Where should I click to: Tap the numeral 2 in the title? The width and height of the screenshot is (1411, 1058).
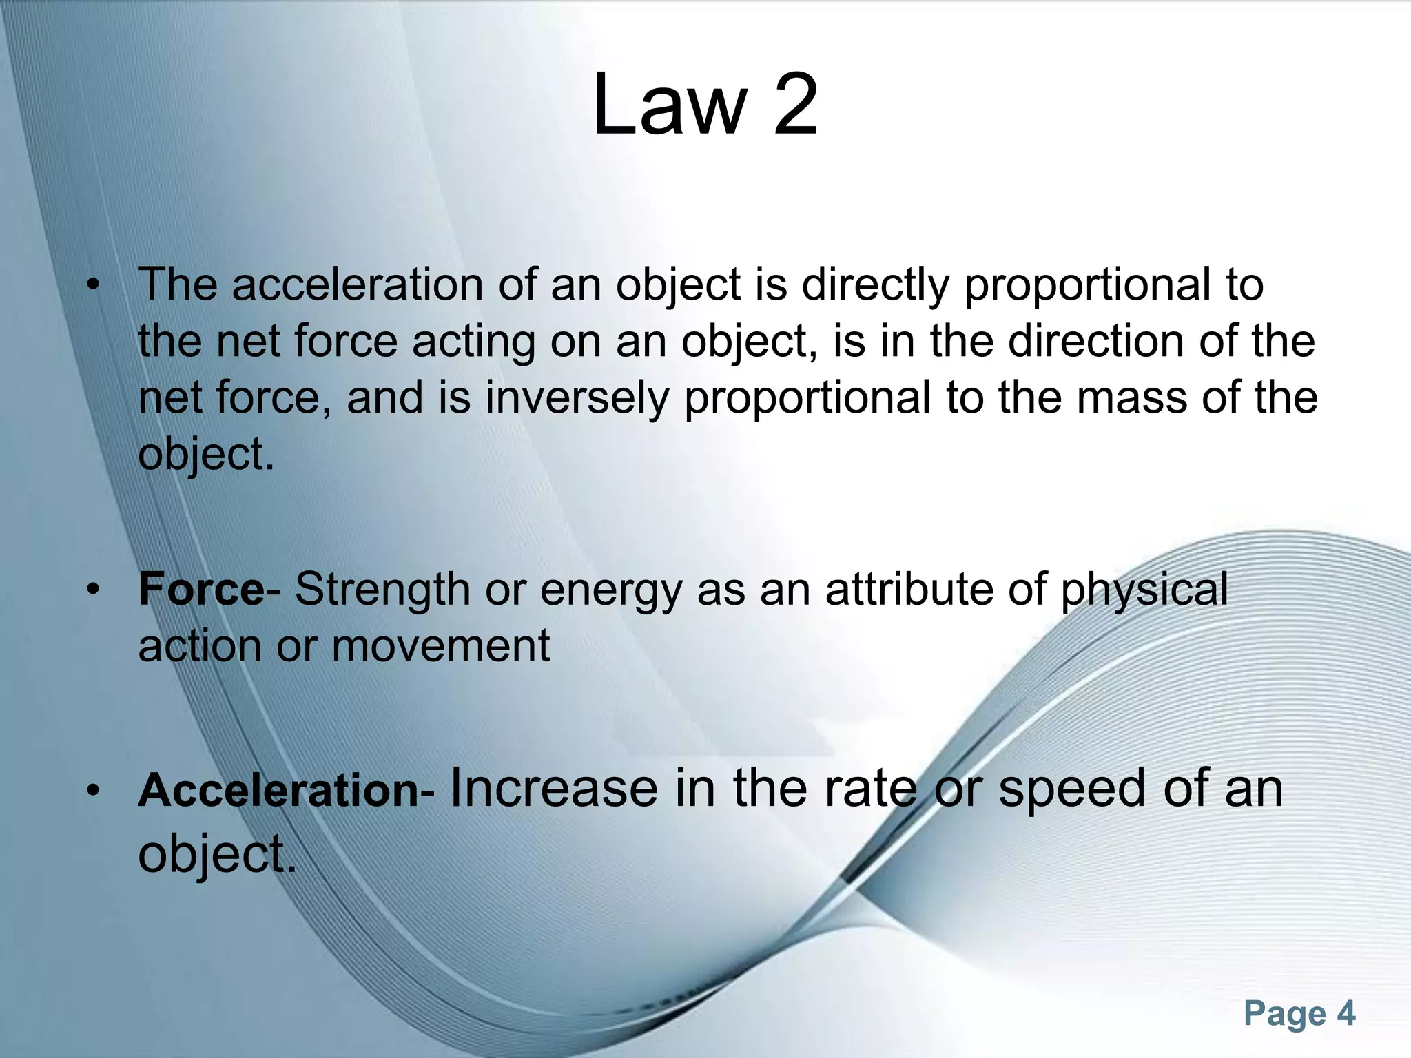click(796, 105)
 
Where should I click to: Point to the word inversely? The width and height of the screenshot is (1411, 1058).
click(577, 398)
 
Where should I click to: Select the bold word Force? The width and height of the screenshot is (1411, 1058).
click(200, 590)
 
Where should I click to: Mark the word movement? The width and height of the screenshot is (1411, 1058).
click(441, 646)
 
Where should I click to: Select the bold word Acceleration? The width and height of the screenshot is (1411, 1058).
click(278, 789)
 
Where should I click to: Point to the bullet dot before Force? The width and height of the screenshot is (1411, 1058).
click(94, 590)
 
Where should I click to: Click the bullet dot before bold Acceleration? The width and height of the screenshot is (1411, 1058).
click(94, 791)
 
